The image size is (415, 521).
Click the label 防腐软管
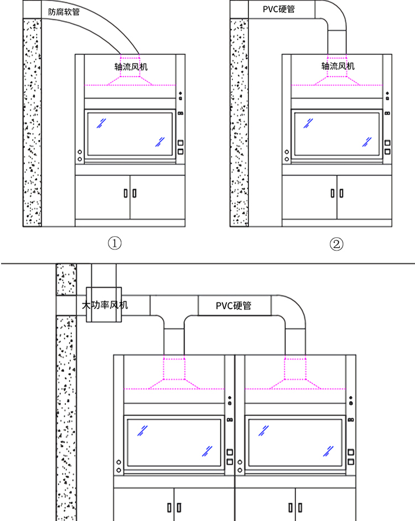[x=64, y=12]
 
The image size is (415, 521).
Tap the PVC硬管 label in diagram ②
[x=279, y=9]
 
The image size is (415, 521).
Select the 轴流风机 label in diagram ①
[x=131, y=67]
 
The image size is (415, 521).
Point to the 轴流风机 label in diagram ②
[x=338, y=66]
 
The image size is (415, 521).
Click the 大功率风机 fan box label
[x=105, y=305]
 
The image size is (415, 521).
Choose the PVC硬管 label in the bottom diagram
[x=234, y=306]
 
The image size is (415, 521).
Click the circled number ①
[x=115, y=243]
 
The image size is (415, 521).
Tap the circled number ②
[x=336, y=244]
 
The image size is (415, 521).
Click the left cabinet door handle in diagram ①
[x=126, y=193]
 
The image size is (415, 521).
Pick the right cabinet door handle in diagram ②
[x=341, y=193]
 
